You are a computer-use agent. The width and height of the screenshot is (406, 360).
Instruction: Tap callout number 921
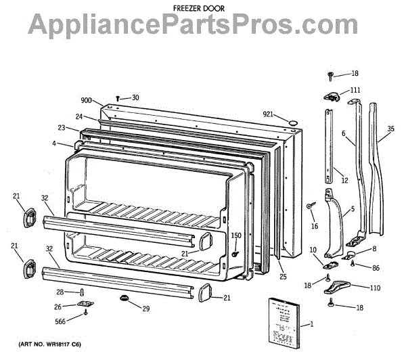270,114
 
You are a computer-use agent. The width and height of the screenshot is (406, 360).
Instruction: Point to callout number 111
355,90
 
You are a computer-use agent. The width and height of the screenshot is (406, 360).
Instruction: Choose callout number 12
344,180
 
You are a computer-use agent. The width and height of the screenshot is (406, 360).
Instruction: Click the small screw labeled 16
310,206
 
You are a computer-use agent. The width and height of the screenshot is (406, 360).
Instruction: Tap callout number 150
236,235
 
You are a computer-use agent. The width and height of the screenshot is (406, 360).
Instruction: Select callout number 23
61,128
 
